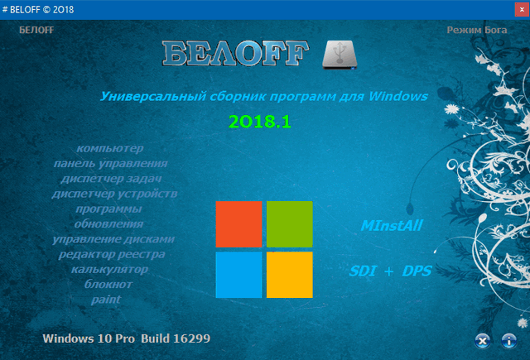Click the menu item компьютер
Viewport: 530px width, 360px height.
(x=109, y=148)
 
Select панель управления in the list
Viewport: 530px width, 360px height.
(x=110, y=164)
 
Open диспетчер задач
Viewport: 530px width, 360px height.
(x=110, y=179)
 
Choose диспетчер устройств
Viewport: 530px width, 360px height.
(x=114, y=194)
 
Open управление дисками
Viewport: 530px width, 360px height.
(x=113, y=239)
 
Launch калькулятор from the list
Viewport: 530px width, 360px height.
(x=109, y=269)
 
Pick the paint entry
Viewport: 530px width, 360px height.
(x=107, y=299)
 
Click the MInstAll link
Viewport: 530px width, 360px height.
(x=390, y=225)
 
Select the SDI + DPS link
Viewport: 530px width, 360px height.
(x=390, y=270)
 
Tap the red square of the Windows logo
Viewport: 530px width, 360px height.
(x=238, y=223)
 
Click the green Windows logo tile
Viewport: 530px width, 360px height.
(x=289, y=223)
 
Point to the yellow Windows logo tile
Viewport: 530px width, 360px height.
(x=289, y=274)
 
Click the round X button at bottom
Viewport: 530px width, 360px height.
(x=482, y=339)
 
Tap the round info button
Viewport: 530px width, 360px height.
(x=508, y=339)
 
